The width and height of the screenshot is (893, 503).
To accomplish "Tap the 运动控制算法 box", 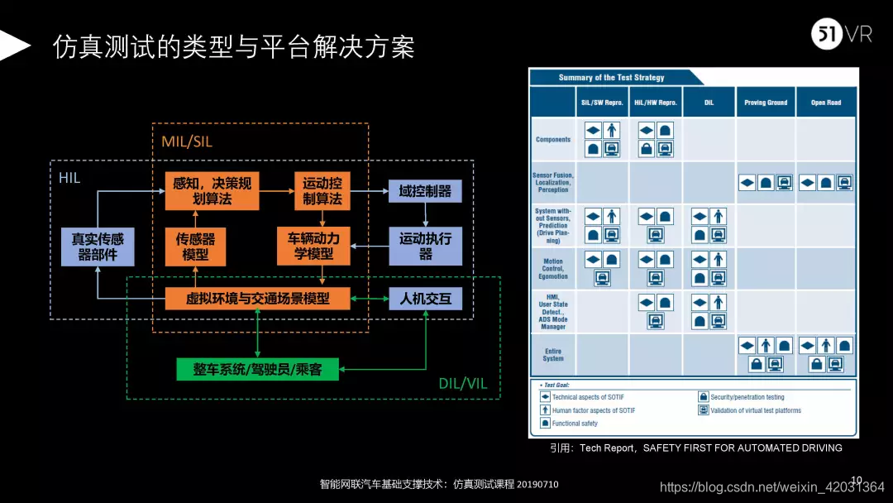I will (322, 191).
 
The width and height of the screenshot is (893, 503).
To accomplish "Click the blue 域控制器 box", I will (425, 191).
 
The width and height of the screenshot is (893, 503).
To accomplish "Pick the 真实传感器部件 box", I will (97, 247).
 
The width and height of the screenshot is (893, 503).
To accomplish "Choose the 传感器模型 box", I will (195, 247).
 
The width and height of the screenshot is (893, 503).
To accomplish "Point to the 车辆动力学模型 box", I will (313, 247).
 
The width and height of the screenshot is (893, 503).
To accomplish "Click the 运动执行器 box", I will (425, 247).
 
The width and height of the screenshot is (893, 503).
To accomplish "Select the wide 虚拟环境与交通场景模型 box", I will (258, 298).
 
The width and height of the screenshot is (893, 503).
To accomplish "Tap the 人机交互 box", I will (425, 298).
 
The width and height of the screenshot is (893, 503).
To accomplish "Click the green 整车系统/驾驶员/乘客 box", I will (259, 369).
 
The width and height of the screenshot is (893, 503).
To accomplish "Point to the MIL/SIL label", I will (187, 141).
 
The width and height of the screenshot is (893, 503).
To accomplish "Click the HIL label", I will (69, 178).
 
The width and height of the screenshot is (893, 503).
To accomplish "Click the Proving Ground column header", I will (766, 103).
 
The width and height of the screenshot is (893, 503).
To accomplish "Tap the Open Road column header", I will (825, 103).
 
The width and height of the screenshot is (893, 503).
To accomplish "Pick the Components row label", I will (553, 140).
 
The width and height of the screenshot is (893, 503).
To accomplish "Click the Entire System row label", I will (553, 355).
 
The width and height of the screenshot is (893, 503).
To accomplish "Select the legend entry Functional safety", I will (574, 424).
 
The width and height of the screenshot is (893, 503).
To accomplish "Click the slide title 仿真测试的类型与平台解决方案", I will (234, 46).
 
